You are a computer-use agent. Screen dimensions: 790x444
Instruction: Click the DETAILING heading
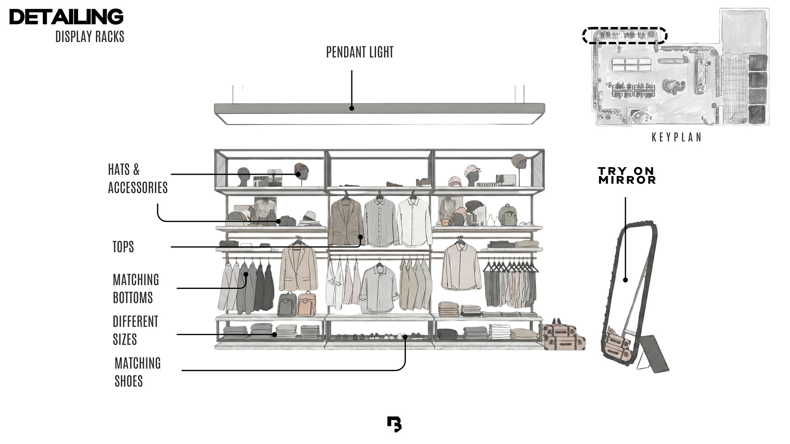coord(66,17)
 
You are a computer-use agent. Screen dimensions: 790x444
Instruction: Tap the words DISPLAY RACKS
coord(90,37)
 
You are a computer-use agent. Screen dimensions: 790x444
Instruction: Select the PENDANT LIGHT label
coord(360,52)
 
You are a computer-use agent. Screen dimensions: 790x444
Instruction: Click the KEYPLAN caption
coord(676,137)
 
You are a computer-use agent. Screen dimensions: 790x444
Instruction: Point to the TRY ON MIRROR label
coord(627,176)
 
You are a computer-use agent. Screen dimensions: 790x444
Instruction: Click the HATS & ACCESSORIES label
coord(137,178)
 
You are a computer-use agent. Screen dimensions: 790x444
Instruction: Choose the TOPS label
coord(123,247)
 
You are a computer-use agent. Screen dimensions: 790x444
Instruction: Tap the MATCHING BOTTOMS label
coord(135,289)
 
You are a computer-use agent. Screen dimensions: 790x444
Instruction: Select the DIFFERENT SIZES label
coord(135,331)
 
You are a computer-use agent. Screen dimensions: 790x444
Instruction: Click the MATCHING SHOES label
coord(137,372)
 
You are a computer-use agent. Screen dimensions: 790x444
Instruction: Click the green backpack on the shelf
coord(507,215)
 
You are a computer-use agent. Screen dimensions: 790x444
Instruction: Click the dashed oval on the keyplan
coord(624,35)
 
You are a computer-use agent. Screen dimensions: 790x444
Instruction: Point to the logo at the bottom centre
coord(394,424)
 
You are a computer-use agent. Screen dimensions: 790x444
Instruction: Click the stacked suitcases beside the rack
coord(563,337)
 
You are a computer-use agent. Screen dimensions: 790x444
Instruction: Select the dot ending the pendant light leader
coord(351,109)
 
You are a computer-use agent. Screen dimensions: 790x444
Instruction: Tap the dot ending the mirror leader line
coord(625,280)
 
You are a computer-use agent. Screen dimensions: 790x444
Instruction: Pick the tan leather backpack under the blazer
coord(306,304)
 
